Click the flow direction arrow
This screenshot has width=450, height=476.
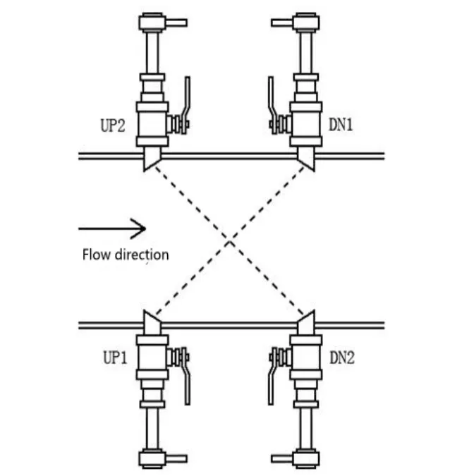tap(112, 228)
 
